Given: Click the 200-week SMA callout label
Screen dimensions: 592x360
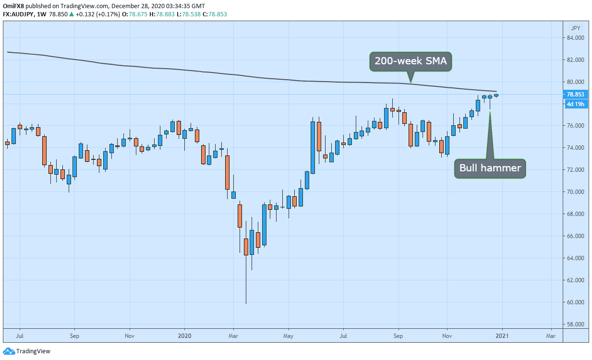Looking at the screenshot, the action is click(x=411, y=61).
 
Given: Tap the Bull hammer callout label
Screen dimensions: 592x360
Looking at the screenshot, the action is click(x=490, y=168).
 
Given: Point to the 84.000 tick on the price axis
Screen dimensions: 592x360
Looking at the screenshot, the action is click(x=575, y=38).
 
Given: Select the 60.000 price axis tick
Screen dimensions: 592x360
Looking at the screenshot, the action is click(x=575, y=302).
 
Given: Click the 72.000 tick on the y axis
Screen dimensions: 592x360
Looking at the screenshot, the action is click(x=575, y=170).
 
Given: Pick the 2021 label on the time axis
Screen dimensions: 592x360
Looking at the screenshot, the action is click(x=502, y=336).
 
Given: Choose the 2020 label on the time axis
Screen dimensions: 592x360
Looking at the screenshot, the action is click(x=184, y=336).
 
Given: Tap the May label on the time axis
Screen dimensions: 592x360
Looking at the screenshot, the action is click(x=289, y=336).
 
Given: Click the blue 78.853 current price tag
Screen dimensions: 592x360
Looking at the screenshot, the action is click(x=575, y=94).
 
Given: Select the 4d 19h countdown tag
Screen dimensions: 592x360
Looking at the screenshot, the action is click(x=575, y=104).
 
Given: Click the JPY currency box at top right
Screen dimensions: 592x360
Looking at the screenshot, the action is click(x=576, y=28).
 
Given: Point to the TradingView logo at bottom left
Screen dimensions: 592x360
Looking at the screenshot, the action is click(x=26, y=351).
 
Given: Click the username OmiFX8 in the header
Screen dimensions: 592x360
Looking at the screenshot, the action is click(x=13, y=6).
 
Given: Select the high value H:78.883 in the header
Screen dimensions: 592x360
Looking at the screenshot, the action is click(x=162, y=14).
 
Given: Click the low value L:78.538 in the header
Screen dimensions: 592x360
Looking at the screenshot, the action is click(x=188, y=14).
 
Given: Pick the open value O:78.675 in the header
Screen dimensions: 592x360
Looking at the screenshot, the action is click(x=134, y=14).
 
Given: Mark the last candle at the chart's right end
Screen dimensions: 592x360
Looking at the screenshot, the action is click(x=496, y=96).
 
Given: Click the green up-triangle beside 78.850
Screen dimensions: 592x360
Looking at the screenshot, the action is click(x=72, y=14).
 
